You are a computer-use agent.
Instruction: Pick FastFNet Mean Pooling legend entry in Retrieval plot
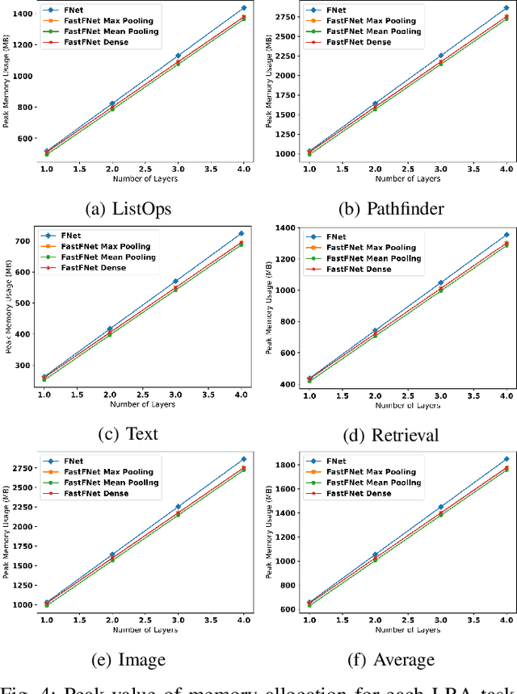point(373,257)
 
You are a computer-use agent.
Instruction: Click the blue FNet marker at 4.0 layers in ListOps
point(243,8)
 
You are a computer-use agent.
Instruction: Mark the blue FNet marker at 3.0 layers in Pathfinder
point(440,56)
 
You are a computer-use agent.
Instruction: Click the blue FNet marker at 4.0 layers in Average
point(506,458)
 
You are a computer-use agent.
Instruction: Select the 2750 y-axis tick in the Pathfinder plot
point(286,17)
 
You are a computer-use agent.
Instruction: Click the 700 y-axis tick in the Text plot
point(25,240)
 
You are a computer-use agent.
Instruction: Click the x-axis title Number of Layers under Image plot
point(145,629)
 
